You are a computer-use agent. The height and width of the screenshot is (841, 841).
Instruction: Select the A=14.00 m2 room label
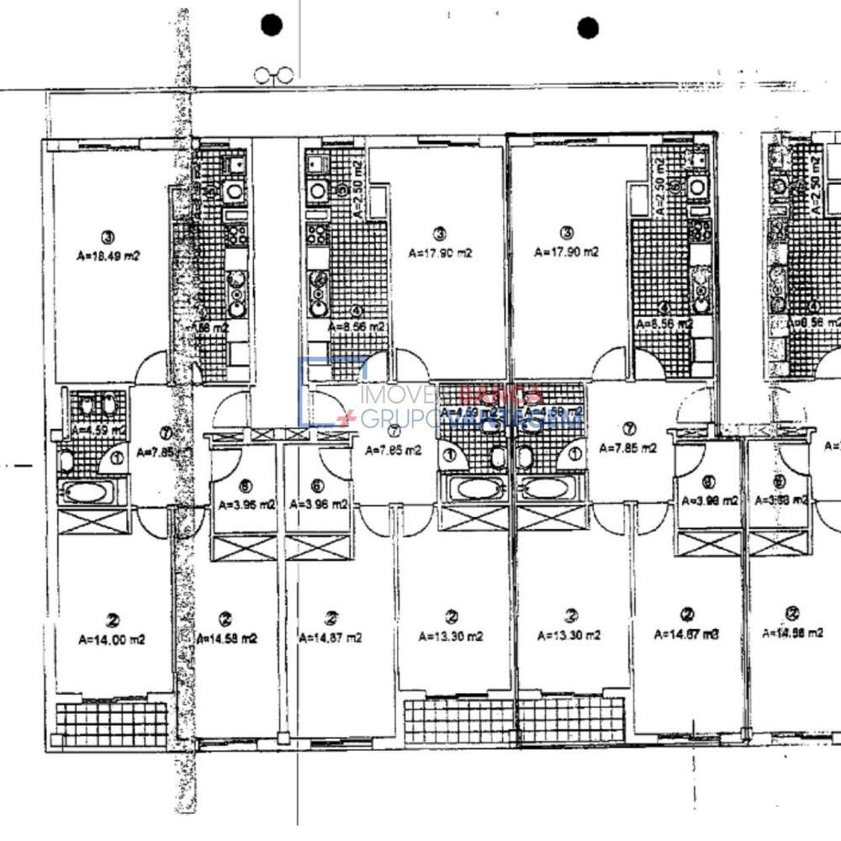point(111,639)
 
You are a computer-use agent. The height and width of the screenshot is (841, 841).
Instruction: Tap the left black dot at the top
point(272,26)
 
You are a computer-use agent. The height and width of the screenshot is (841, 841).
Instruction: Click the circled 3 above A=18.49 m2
point(107,235)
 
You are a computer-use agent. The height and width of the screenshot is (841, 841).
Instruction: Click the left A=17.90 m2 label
point(440,251)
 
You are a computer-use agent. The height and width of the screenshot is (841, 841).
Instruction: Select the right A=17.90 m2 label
point(567,251)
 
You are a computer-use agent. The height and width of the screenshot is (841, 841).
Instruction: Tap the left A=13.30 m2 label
point(451,637)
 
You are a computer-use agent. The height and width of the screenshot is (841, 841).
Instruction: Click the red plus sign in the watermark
point(342,418)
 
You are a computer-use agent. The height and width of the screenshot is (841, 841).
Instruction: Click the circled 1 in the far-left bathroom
point(115,458)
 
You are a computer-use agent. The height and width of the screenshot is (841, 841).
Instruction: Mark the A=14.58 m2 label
point(227,638)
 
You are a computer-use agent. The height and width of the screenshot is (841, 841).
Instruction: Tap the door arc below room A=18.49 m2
point(156,367)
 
